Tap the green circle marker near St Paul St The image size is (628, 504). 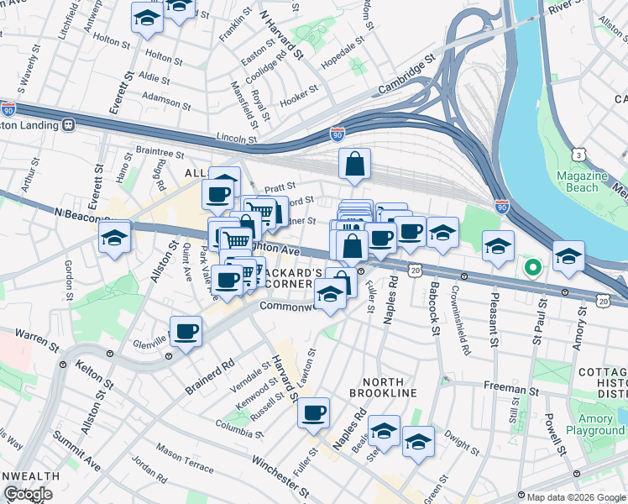(532, 268)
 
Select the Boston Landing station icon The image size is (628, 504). (69, 124)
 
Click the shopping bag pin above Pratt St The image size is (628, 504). (355, 165)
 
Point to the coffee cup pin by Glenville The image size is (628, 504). (186, 331)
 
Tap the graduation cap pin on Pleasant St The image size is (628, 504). (499, 246)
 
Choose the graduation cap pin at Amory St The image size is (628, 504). (568, 257)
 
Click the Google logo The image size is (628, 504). (28, 494)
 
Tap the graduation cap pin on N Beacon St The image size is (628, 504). (114, 237)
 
